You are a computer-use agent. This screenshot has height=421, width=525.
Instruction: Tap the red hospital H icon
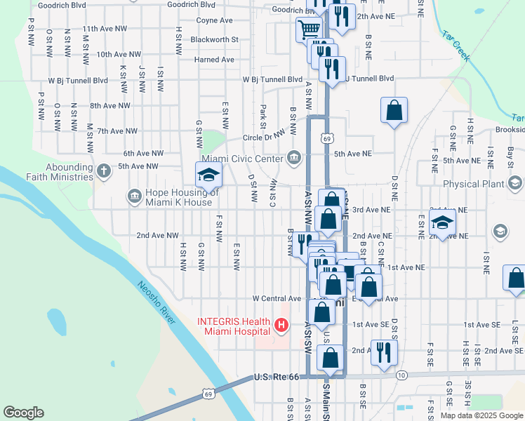coord(281,325)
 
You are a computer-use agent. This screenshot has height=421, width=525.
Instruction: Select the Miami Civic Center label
coord(243,156)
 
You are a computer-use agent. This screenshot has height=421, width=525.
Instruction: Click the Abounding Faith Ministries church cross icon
coord(103,170)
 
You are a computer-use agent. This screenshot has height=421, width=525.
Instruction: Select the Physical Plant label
coord(473,184)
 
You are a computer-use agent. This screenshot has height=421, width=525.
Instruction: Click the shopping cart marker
coord(309,29)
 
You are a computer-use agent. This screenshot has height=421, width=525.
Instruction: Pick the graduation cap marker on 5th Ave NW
coord(208,175)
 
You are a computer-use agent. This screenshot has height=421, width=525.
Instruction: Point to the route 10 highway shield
coord(401,376)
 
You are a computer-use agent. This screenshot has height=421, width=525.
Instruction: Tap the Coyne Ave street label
coord(215,20)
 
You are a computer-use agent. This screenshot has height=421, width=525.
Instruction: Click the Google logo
coord(23,413)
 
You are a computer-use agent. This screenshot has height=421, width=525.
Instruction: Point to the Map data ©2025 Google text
coord(481,415)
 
